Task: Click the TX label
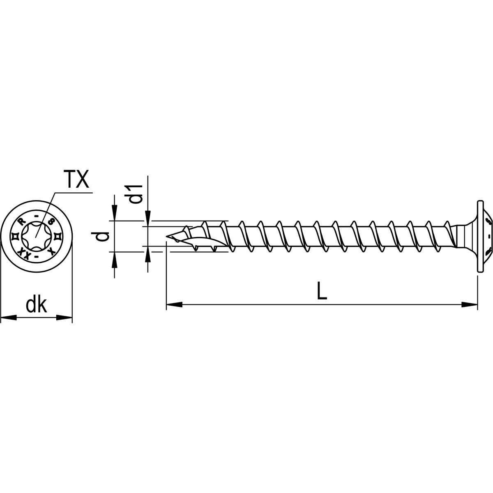click(76, 180)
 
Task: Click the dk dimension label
click(36, 306)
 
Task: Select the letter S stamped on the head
click(51, 221)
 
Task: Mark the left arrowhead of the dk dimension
click(8, 317)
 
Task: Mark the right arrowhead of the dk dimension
click(65, 317)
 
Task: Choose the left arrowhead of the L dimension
click(174, 304)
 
